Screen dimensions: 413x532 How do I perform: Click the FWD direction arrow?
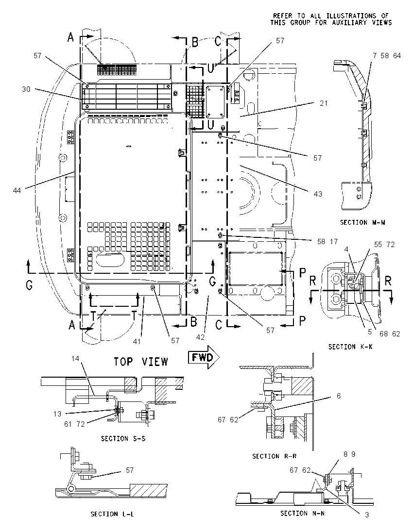click(x=204, y=357)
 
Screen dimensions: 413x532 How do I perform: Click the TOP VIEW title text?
click(x=140, y=362)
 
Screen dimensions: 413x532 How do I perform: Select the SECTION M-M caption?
click(x=362, y=223)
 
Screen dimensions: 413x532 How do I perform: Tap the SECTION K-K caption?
click(x=350, y=347)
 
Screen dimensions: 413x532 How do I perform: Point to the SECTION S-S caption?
click(x=123, y=439)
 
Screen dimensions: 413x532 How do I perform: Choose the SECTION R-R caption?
click(x=274, y=456)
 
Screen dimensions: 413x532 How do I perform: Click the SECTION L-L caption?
click(x=112, y=514)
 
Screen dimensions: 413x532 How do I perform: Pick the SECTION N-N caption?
click(x=302, y=514)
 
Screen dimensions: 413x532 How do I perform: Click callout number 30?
click(x=26, y=89)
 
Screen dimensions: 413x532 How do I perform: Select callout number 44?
click(x=17, y=191)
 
